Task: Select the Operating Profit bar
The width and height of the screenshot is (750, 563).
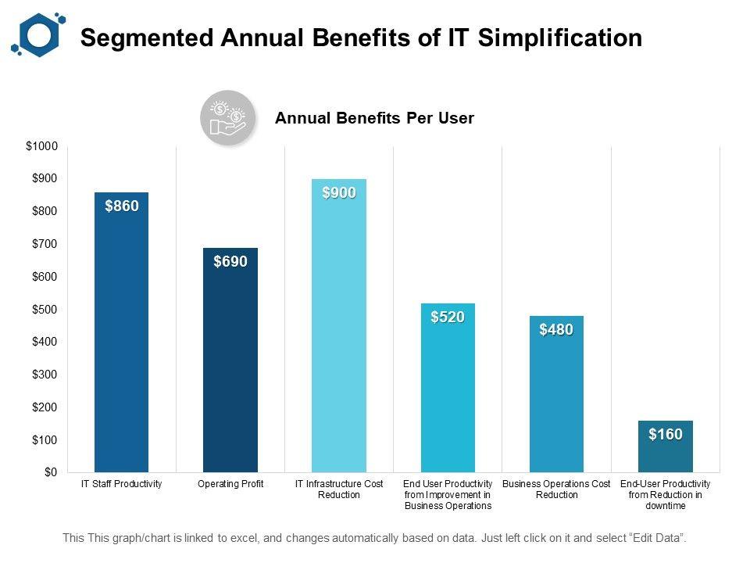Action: [230, 360]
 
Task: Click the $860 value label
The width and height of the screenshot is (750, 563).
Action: [122, 206]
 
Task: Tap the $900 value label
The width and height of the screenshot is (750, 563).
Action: [339, 193]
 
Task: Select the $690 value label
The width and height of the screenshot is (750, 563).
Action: [230, 262]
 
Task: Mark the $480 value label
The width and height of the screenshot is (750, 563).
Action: [556, 330]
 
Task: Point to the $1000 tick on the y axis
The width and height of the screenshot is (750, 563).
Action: [41, 146]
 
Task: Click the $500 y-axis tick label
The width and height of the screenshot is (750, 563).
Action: [44, 310]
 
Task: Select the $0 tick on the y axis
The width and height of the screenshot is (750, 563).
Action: [49, 472]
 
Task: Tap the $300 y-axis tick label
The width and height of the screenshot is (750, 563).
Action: [44, 375]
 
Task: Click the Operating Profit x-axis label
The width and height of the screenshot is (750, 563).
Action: [230, 485]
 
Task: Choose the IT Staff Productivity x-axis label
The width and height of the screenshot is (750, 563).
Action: [122, 485]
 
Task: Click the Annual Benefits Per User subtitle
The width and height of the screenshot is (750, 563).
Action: [375, 119]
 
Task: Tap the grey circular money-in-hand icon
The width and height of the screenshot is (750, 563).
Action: [227, 118]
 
